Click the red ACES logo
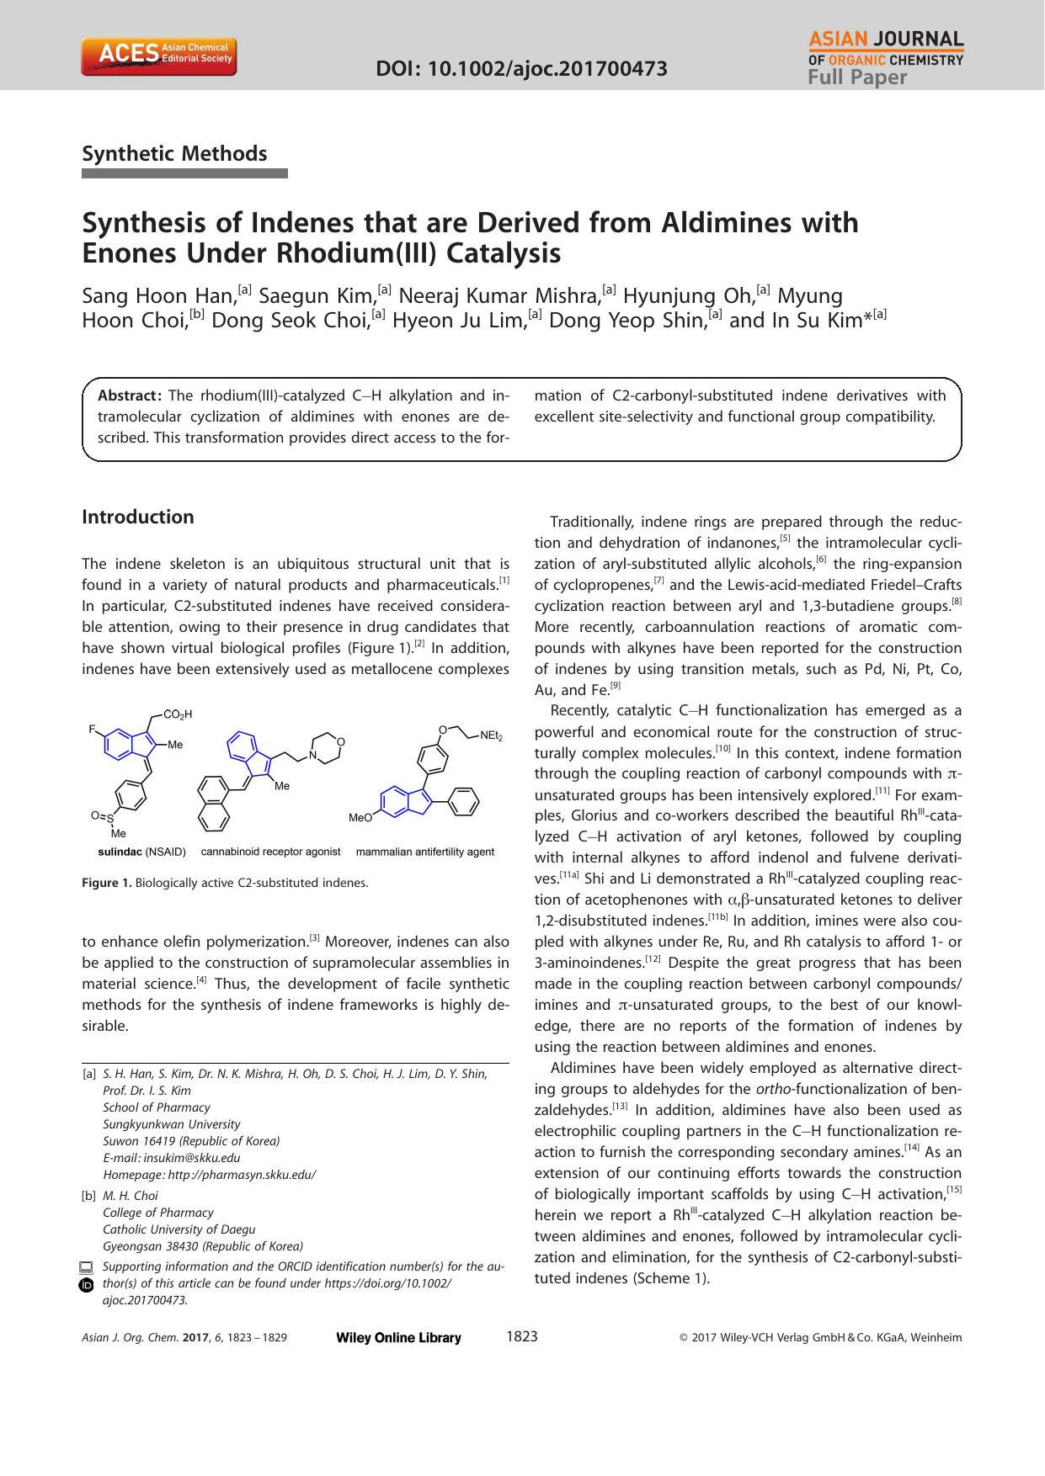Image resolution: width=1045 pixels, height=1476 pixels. [x=158, y=56]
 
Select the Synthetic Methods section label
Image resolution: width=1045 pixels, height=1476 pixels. [x=174, y=153]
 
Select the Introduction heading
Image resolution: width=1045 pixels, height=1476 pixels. [x=138, y=517]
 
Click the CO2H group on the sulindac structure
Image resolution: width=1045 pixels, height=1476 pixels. [x=178, y=714]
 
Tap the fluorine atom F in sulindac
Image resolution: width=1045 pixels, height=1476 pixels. [x=93, y=729]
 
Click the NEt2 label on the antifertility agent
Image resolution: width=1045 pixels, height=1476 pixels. [x=491, y=736]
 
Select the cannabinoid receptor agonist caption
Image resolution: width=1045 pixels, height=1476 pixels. [x=270, y=852]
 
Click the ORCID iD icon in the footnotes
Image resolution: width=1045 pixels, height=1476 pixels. [x=87, y=1285]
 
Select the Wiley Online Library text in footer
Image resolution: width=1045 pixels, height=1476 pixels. [x=398, y=1338]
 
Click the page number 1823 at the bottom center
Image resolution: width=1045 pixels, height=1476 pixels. [x=522, y=1336]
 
